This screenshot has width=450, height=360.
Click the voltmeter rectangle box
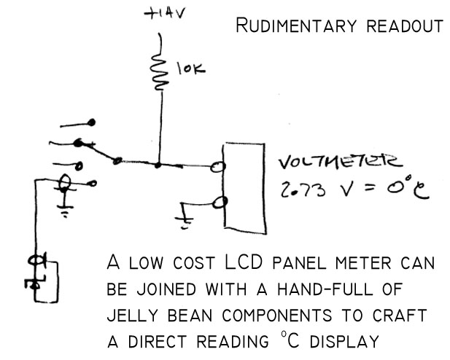[x=242, y=186]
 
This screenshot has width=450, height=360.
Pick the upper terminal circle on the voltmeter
[x=217, y=169]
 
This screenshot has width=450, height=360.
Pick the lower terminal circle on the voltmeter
[x=217, y=203]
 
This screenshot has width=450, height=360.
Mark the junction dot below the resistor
[x=157, y=165]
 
